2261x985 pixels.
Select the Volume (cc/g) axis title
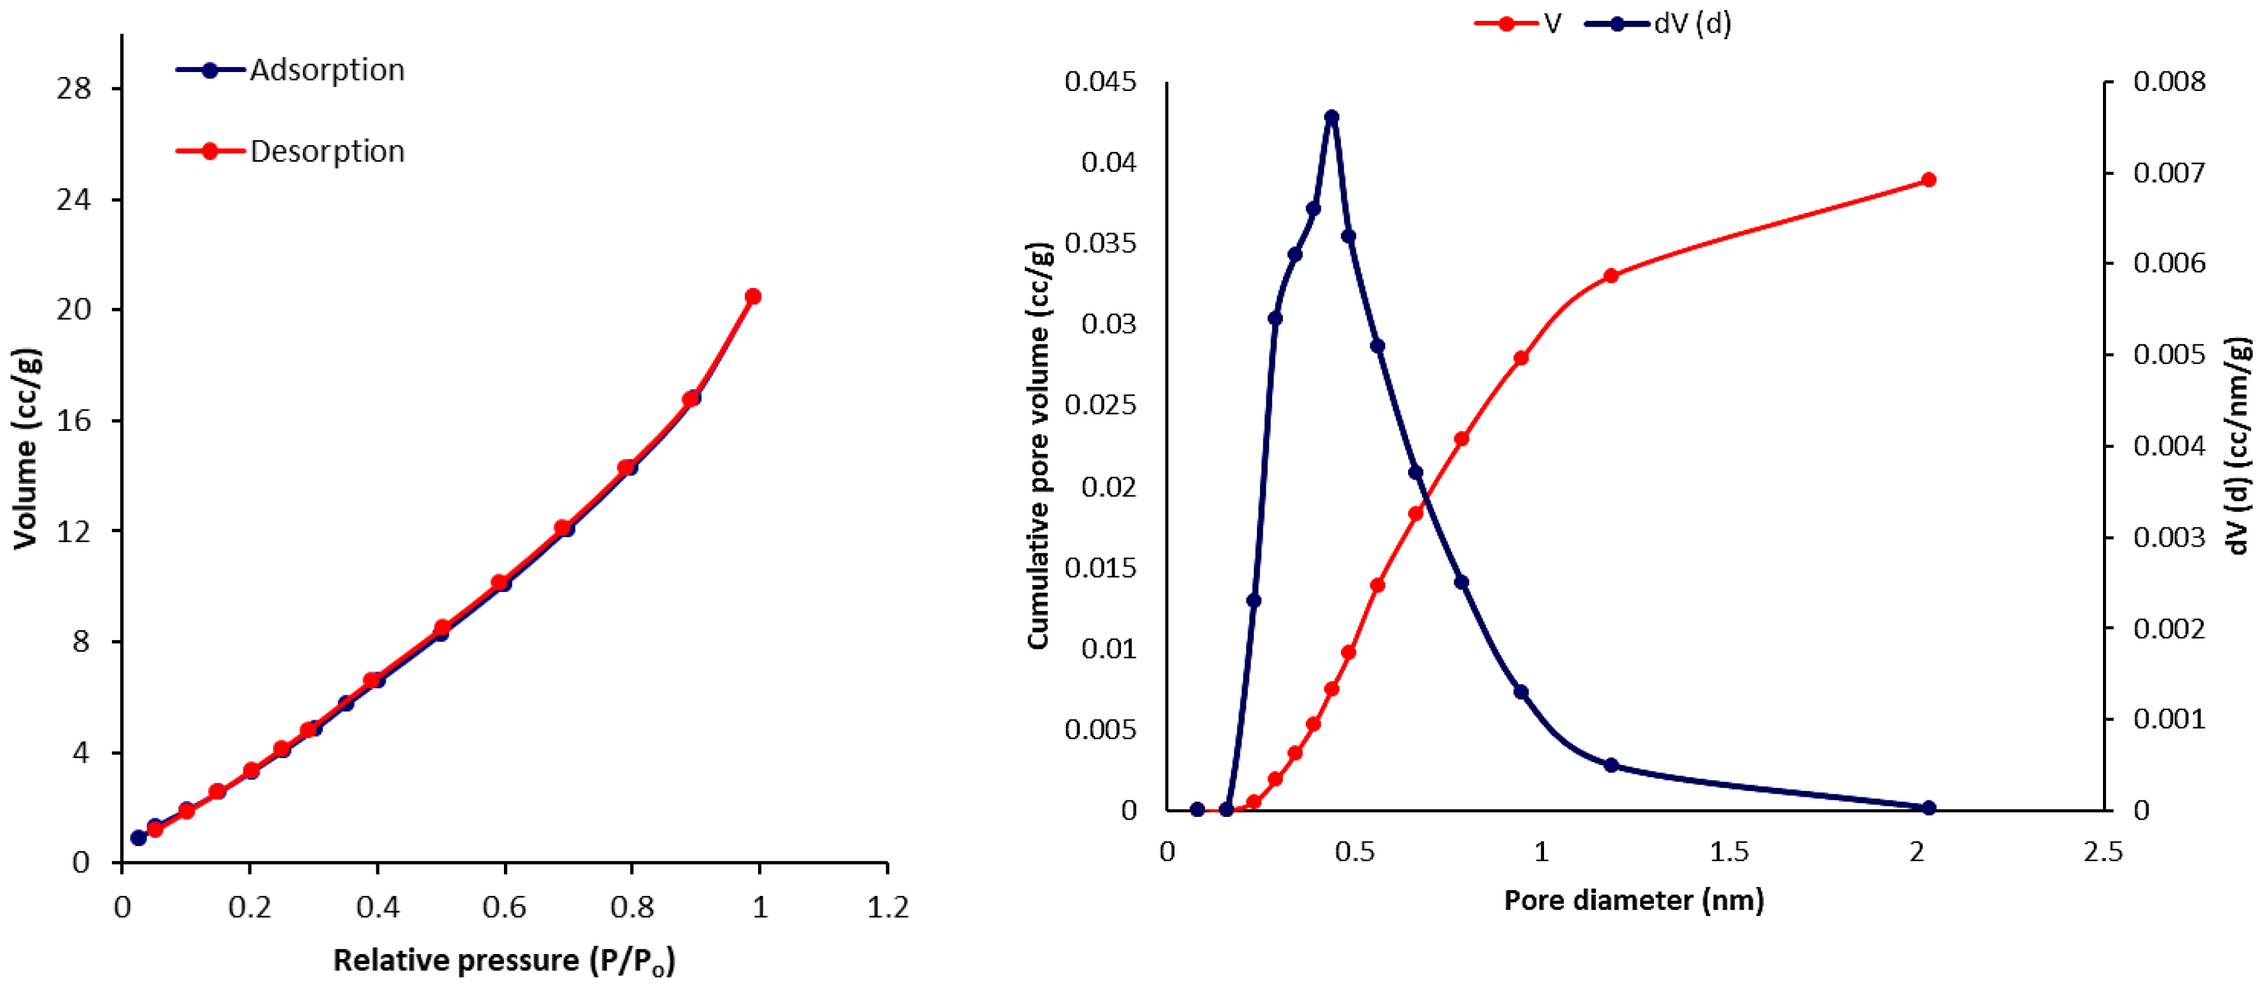[27, 449]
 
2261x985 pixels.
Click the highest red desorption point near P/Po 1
[752, 296]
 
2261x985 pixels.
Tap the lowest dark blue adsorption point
[138, 838]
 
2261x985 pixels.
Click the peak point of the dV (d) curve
[1332, 117]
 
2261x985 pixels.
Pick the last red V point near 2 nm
[1928, 180]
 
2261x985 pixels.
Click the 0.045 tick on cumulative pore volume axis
[1100, 82]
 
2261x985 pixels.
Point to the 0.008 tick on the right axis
[2169, 82]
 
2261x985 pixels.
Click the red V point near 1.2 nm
[1610, 275]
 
